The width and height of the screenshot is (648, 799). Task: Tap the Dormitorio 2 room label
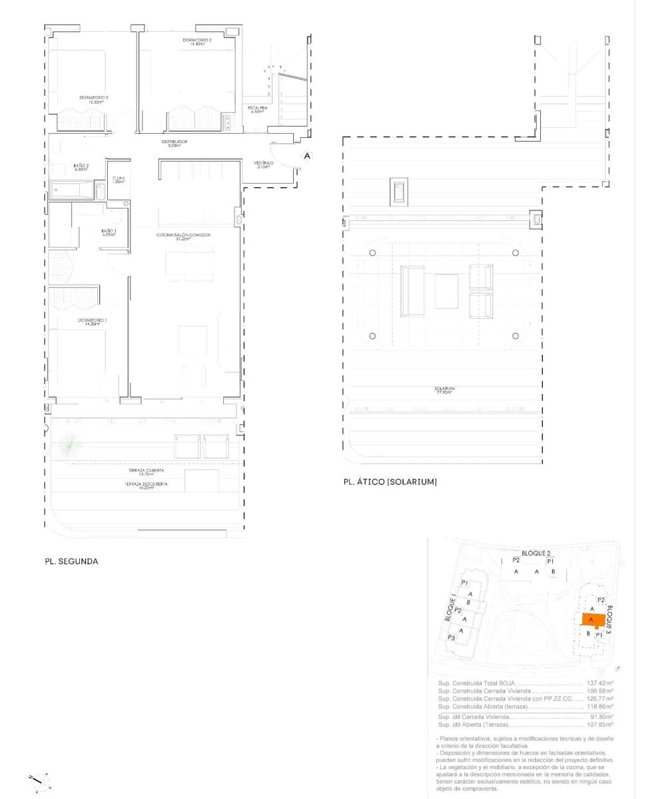(x=196, y=42)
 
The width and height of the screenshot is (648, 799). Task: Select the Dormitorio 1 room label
(x=93, y=322)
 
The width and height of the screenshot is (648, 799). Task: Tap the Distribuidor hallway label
(x=174, y=143)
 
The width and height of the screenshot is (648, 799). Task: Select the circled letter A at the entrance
(x=306, y=156)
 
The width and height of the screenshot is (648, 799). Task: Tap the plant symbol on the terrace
(x=69, y=444)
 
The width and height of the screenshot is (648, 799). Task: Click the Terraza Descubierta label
(x=146, y=485)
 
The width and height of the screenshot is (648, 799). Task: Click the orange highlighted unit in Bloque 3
(x=592, y=620)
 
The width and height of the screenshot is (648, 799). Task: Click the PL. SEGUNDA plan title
(x=71, y=561)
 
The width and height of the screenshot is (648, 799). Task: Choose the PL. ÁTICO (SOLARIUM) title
(x=390, y=481)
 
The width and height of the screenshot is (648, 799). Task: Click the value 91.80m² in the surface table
(x=601, y=716)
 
